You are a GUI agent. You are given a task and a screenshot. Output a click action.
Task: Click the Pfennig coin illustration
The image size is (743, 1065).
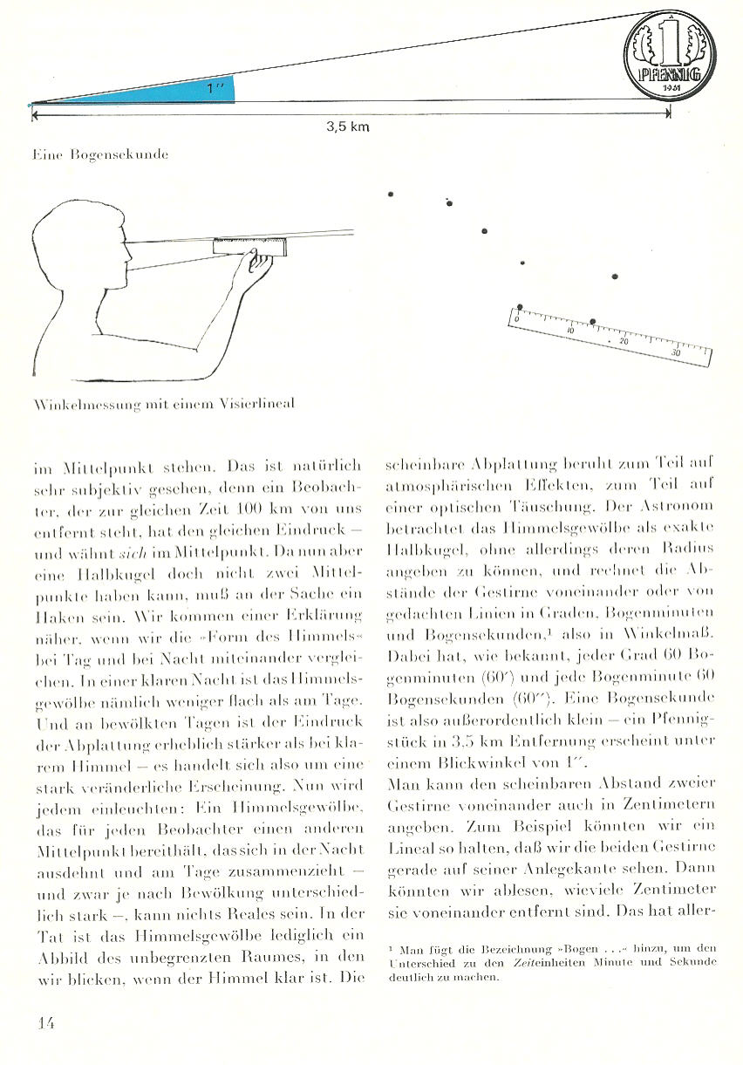[670, 54]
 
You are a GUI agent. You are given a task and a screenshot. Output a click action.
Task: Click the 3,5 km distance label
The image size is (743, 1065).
[348, 127]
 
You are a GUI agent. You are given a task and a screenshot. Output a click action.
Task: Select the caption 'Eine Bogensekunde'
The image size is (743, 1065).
[99, 154]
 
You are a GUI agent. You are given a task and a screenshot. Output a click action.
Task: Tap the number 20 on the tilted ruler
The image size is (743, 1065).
[623, 341]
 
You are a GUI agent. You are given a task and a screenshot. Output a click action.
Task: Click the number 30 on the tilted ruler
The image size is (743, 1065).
[676, 353]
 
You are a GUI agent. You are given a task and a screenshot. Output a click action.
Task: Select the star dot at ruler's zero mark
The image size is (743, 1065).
[520, 307]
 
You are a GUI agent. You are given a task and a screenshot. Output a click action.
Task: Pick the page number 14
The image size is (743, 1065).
[46, 1022]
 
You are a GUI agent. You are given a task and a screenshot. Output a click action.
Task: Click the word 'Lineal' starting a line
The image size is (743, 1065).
[406, 846]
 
